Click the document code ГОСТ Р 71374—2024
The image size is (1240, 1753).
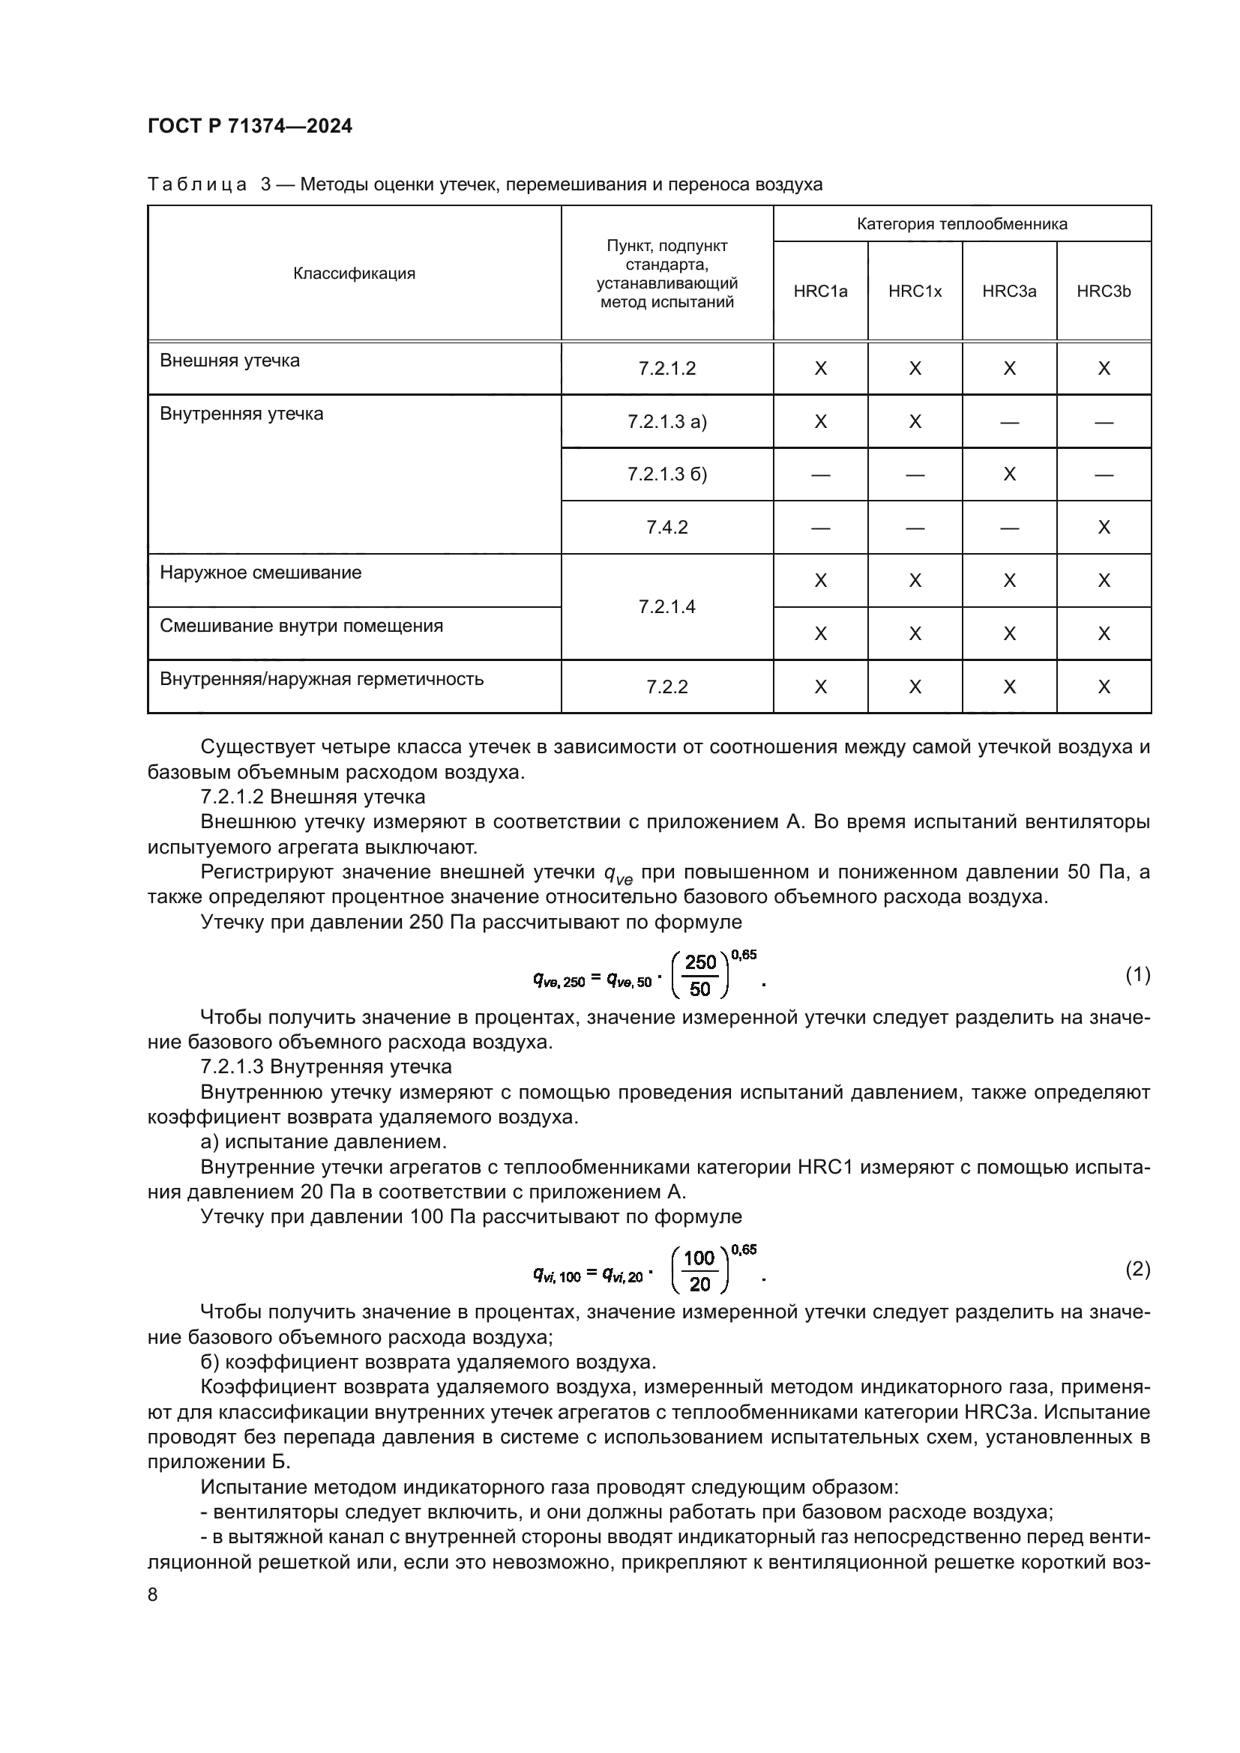coord(250,126)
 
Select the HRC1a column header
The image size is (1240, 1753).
coord(820,291)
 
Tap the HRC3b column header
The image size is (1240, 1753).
coord(1104,291)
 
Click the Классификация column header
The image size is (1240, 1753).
coord(355,274)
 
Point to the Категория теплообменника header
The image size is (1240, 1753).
coord(961,223)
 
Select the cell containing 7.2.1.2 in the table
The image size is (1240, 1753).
coord(666,369)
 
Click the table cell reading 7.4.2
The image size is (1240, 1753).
coord(666,528)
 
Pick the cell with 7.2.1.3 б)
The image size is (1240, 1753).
coord(666,474)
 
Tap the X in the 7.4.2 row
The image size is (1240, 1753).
coord(1104,528)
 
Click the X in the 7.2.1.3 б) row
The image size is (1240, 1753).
coord(1008,474)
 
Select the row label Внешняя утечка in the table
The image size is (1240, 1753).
coord(230,360)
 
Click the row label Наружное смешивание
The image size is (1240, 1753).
coord(260,573)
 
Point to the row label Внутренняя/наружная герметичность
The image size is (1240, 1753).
coord(322,679)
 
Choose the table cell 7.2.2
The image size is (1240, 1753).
coord(666,687)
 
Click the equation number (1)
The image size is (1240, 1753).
coord(1138,974)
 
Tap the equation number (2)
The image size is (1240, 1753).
coord(1138,1269)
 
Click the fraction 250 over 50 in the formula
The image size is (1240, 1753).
coord(699,976)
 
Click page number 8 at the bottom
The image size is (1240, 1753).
coord(153,1595)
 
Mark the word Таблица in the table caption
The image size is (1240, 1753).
coord(197,184)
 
